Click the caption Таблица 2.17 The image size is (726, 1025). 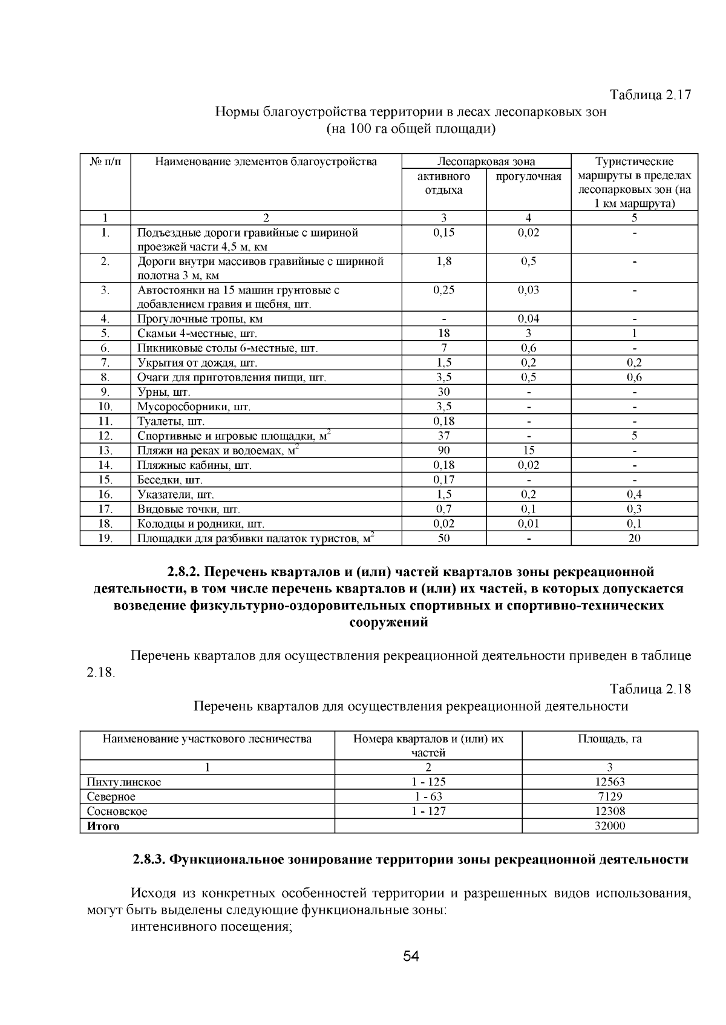coord(650,96)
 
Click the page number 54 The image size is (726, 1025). coord(411,957)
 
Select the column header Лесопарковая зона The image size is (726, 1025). coord(486,162)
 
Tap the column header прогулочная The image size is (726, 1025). coord(528,177)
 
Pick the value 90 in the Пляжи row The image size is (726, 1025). coord(443,450)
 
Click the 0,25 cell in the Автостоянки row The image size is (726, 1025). coord(443,290)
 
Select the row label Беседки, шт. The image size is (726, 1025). coord(169,480)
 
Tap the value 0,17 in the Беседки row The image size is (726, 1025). coord(443,480)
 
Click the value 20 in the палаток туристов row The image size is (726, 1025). coord(634,538)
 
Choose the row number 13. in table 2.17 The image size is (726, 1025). coord(105,450)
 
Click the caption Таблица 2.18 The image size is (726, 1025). coord(650,689)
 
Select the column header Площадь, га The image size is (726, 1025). coord(609,739)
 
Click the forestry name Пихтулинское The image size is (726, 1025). coord(123,782)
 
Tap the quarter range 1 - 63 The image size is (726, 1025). coord(428,796)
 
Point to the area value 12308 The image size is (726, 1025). coord(609,811)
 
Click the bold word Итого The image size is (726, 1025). coord(103,826)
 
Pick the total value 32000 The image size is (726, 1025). coord(609,826)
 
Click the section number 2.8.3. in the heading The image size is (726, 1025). coord(149,860)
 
